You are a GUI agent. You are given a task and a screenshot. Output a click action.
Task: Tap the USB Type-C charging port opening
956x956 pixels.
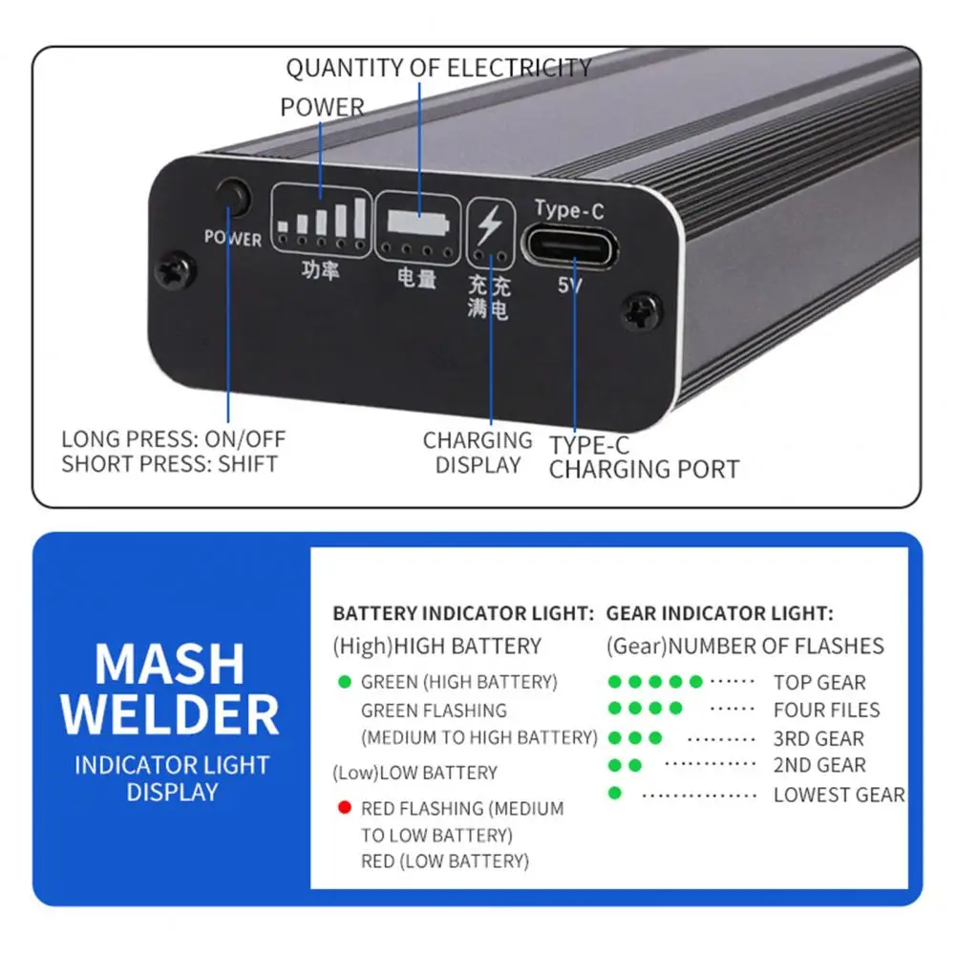(570, 247)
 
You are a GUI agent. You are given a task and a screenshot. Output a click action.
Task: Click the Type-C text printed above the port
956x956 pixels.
(569, 209)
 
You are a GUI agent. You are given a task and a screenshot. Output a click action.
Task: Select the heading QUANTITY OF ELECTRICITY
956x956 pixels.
(438, 69)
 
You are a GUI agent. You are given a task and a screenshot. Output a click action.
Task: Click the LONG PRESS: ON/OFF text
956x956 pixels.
(174, 439)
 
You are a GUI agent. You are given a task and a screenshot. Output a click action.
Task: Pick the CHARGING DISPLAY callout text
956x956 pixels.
(478, 453)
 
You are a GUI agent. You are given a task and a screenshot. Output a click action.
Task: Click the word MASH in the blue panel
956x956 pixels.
(171, 664)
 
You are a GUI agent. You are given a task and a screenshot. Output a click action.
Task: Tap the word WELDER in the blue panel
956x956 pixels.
(171, 714)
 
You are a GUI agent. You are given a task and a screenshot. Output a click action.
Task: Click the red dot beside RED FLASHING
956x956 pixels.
(344, 808)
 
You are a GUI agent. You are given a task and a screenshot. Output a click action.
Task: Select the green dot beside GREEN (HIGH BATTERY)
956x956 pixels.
(344, 682)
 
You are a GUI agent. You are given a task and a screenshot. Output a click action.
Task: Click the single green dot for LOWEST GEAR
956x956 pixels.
(614, 793)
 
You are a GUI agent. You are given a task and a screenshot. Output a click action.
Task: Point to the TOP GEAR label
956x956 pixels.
(819, 683)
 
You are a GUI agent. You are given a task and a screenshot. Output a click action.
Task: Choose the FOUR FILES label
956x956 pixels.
(826, 710)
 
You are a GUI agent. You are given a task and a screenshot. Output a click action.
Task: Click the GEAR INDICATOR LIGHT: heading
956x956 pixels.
(720, 613)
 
